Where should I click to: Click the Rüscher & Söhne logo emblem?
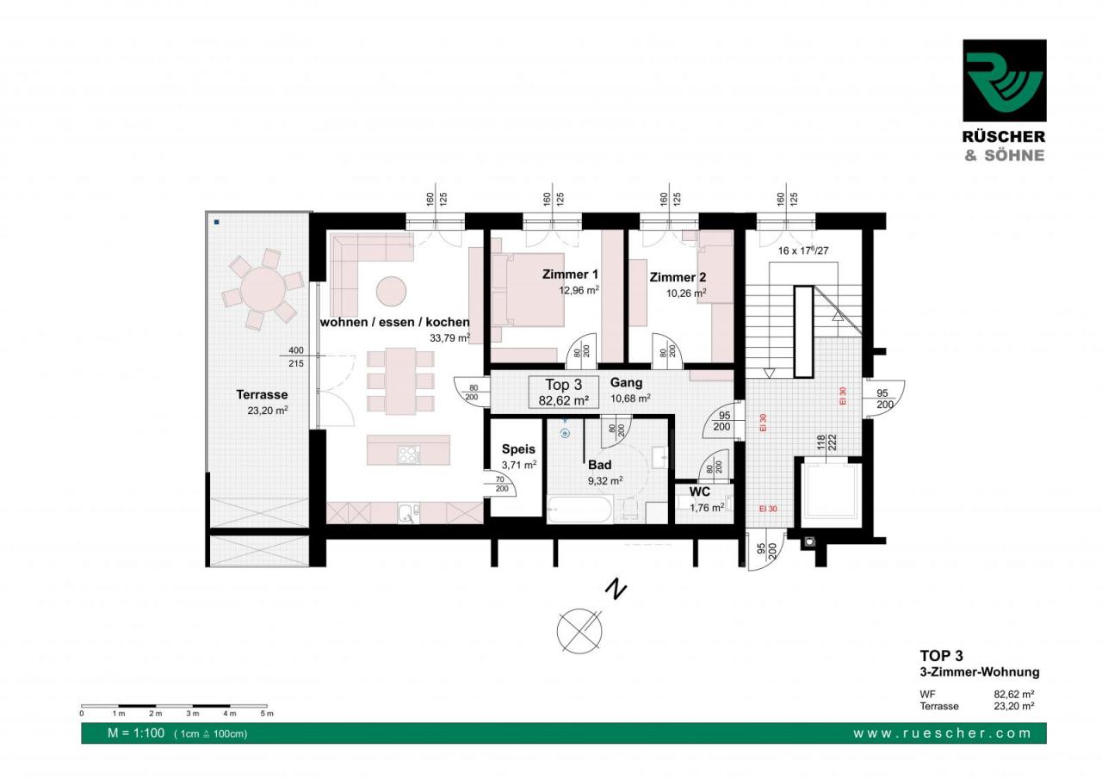point(1005,81)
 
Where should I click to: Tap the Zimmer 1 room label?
point(570,275)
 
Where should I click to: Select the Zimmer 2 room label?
point(678,277)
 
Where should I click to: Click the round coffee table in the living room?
point(391,291)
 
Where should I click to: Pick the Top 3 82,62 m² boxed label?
point(563,393)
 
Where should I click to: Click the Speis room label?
point(518,449)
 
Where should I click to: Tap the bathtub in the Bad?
point(579,510)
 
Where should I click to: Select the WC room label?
point(700,492)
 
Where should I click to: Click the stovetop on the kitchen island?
point(409,454)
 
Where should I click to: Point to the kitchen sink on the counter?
point(408,513)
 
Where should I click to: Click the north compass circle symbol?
point(579,632)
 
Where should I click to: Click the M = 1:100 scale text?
point(136,733)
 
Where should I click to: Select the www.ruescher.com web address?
point(942,733)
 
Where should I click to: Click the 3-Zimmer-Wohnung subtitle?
point(980,671)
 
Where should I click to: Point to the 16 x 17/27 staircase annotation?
point(803,250)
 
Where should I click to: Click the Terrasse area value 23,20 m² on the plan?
point(267,410)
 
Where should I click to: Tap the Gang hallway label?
point(626,383)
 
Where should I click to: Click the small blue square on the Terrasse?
point(216,222)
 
